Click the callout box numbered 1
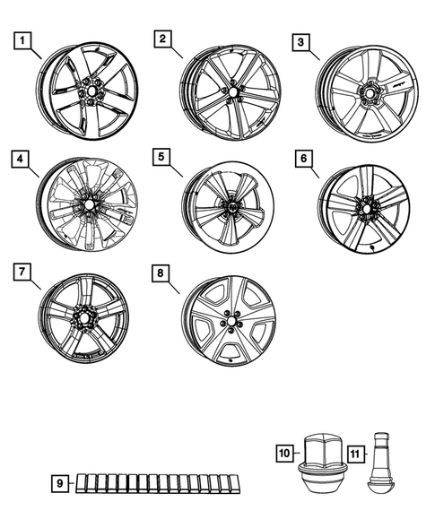[x=22, y=40]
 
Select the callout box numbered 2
[x=163, y=39]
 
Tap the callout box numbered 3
[x=300, y=42]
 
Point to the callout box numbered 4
[x=20, y=159]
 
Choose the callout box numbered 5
[x=161, y=157]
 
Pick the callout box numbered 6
[x=304, y=159]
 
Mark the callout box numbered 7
[x=22, y=272]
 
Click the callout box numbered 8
[x=161, y=273]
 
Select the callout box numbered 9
[x=60, y=483]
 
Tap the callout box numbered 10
[x=284, y=454]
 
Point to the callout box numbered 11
[x=355, y=454]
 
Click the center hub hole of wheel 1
[x=91, y=91]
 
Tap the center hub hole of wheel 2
[x=233, y=92]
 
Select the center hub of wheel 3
[x=369, y=92]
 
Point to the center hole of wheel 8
[x=231, y=319]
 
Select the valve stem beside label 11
[x=381, y=463]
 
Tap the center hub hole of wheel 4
[x=89, y=204]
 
